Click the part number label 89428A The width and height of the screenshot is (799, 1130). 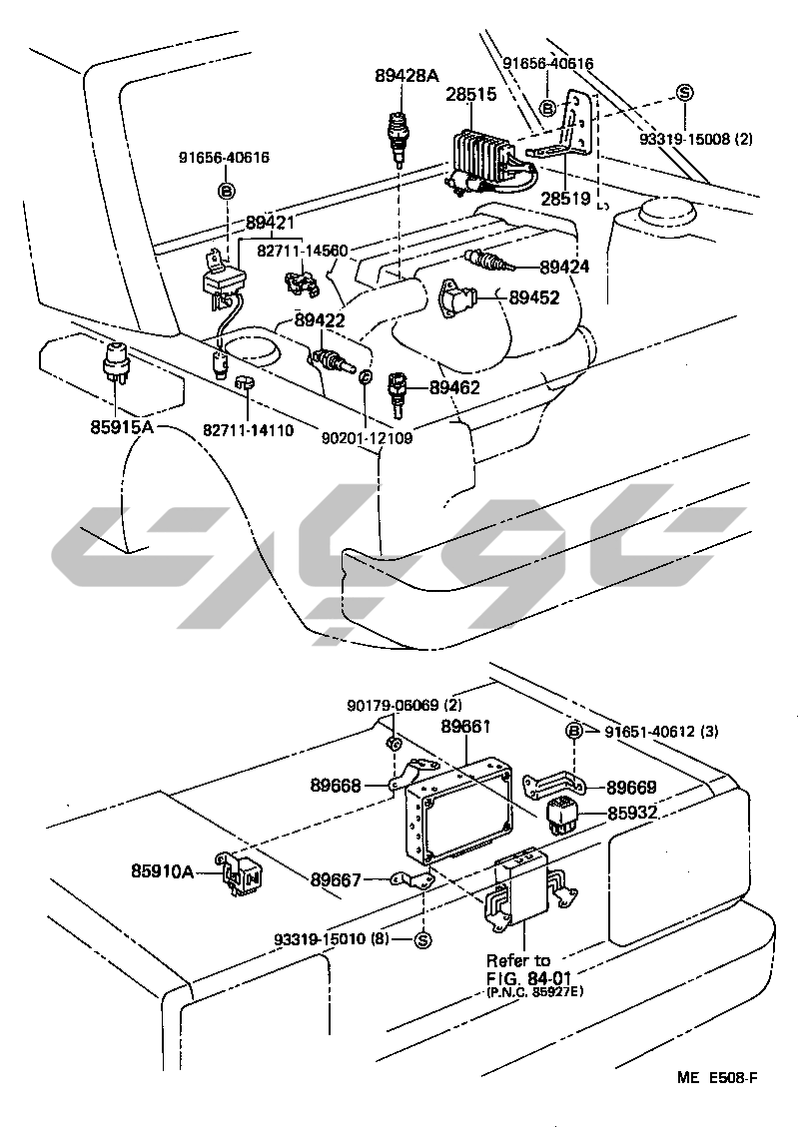point(406,74)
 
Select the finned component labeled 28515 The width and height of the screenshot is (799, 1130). point(486,155)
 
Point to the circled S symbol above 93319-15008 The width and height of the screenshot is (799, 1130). point(684,93)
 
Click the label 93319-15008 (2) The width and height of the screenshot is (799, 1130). point(696,139)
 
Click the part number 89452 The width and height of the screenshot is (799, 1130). point(533,296)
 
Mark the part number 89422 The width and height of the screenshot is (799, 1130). point(320,320)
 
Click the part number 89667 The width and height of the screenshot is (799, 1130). point(336,879)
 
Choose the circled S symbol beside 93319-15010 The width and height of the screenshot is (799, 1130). point(420,939)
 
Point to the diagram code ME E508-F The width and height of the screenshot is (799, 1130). point(718,1077)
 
